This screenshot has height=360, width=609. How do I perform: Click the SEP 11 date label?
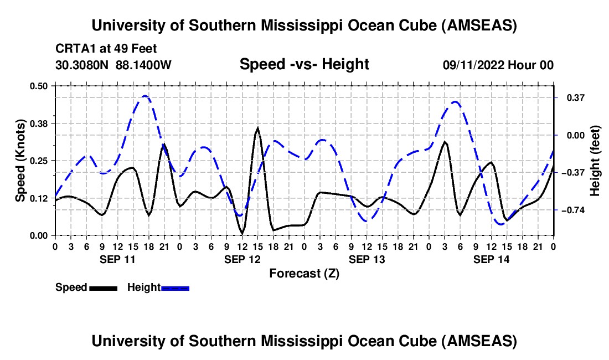pyautogui.click(x=117, y=259)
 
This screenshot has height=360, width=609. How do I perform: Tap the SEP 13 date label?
pyautogui.click(x=367, y=259)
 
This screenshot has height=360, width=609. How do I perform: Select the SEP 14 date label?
pyautogui.click(x=491, y=259)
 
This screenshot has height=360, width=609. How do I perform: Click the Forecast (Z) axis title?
pyautogui.click(x=304, y=273)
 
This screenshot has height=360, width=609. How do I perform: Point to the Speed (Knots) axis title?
pyautogui.click(x=20, y=161)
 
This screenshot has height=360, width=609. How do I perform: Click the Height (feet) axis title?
pyautogui.click(x=595, y=161)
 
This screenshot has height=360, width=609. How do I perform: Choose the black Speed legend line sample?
pyautogui.click(x=102, y=287)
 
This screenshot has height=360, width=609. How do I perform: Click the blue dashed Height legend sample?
pyautogui.click(x=175, y=287)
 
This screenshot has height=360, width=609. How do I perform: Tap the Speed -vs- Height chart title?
pyautogui.click(x=304, y=64)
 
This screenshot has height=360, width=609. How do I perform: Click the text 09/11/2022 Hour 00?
pyautogui.click(x=498, y=65)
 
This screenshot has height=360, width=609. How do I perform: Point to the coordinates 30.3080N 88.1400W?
pyautogui.click(x=113, y=65)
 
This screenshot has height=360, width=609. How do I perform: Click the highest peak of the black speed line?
pyautogui.click(x=257, y=128)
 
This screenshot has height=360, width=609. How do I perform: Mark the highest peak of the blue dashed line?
pyautogui.click(x=145, y=96)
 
